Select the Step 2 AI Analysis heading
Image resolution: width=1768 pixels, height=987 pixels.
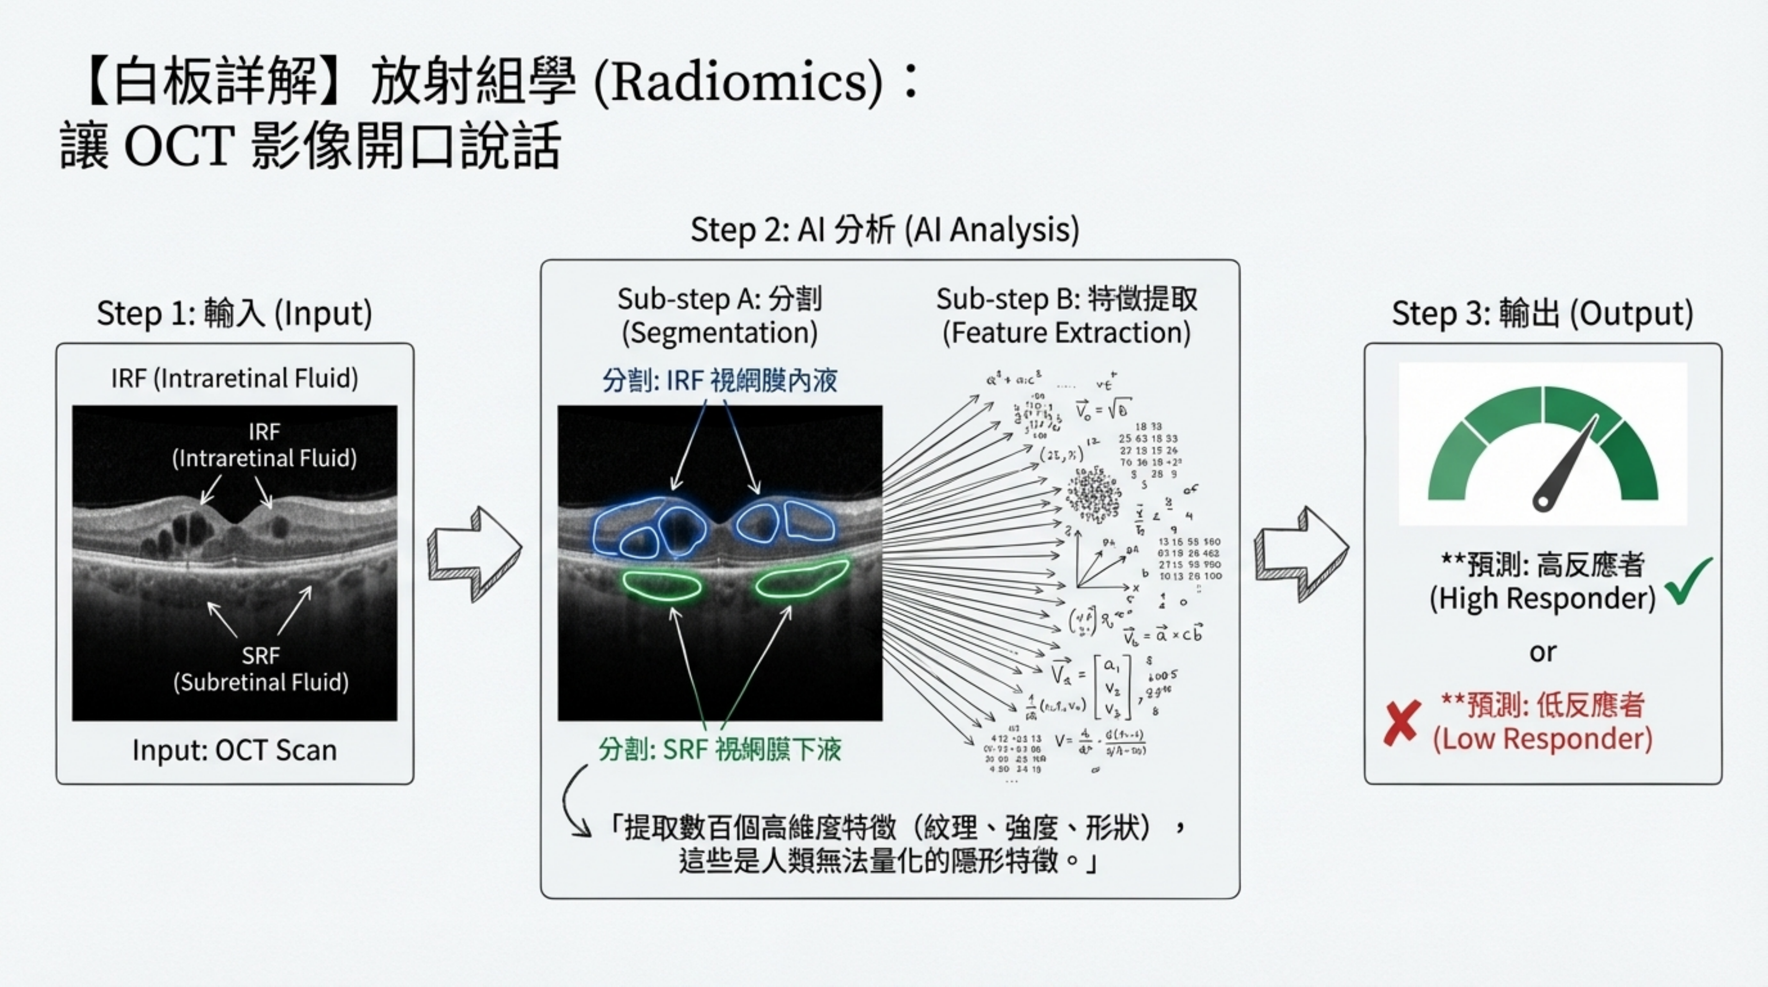click(884, 229)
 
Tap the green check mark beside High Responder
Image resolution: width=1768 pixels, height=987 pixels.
click(1688, 580)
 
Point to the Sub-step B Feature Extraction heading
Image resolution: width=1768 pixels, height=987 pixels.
click(1066, 316)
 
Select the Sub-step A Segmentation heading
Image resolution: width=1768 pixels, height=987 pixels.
click(719, 316)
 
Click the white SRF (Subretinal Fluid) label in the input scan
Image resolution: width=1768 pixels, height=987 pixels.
click(261, 669)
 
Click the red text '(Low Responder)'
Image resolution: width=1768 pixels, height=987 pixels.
click(1542, 739)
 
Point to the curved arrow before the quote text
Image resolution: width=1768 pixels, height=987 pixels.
click(573, 803)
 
